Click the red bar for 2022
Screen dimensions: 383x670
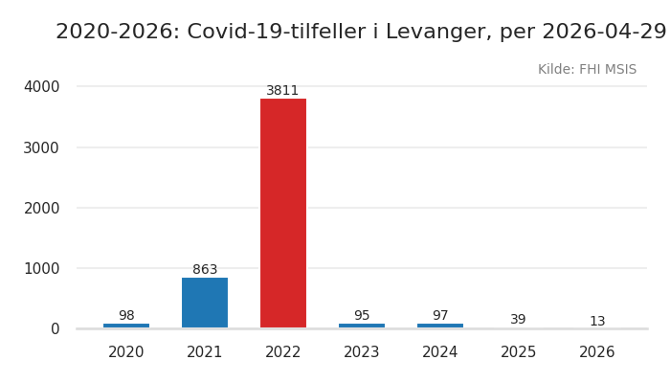[283, 213]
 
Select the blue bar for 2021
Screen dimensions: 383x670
[205, 303]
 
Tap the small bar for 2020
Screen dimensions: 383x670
[126, 326]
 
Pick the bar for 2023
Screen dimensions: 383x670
[362, 326]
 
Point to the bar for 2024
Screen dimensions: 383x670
[440, 326]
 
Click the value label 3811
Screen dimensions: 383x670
[282, 91]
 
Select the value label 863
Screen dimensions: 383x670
[205, 270]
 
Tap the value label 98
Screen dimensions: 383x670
[126, 316]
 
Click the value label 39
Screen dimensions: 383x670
[518, 320]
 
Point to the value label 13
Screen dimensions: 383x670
[597, 322]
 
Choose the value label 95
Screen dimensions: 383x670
[362, 316]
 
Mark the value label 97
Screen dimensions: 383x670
[440, 316]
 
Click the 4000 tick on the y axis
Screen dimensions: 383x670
[41, 87]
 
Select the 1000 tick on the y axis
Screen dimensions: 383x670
[41, 269]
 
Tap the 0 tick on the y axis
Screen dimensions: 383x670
[55, 329]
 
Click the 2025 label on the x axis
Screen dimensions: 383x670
[519, 352]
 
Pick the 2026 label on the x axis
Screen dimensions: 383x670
[597, 352]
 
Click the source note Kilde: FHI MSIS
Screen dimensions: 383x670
[587, 70]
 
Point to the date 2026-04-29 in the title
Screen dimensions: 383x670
[604, 33]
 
